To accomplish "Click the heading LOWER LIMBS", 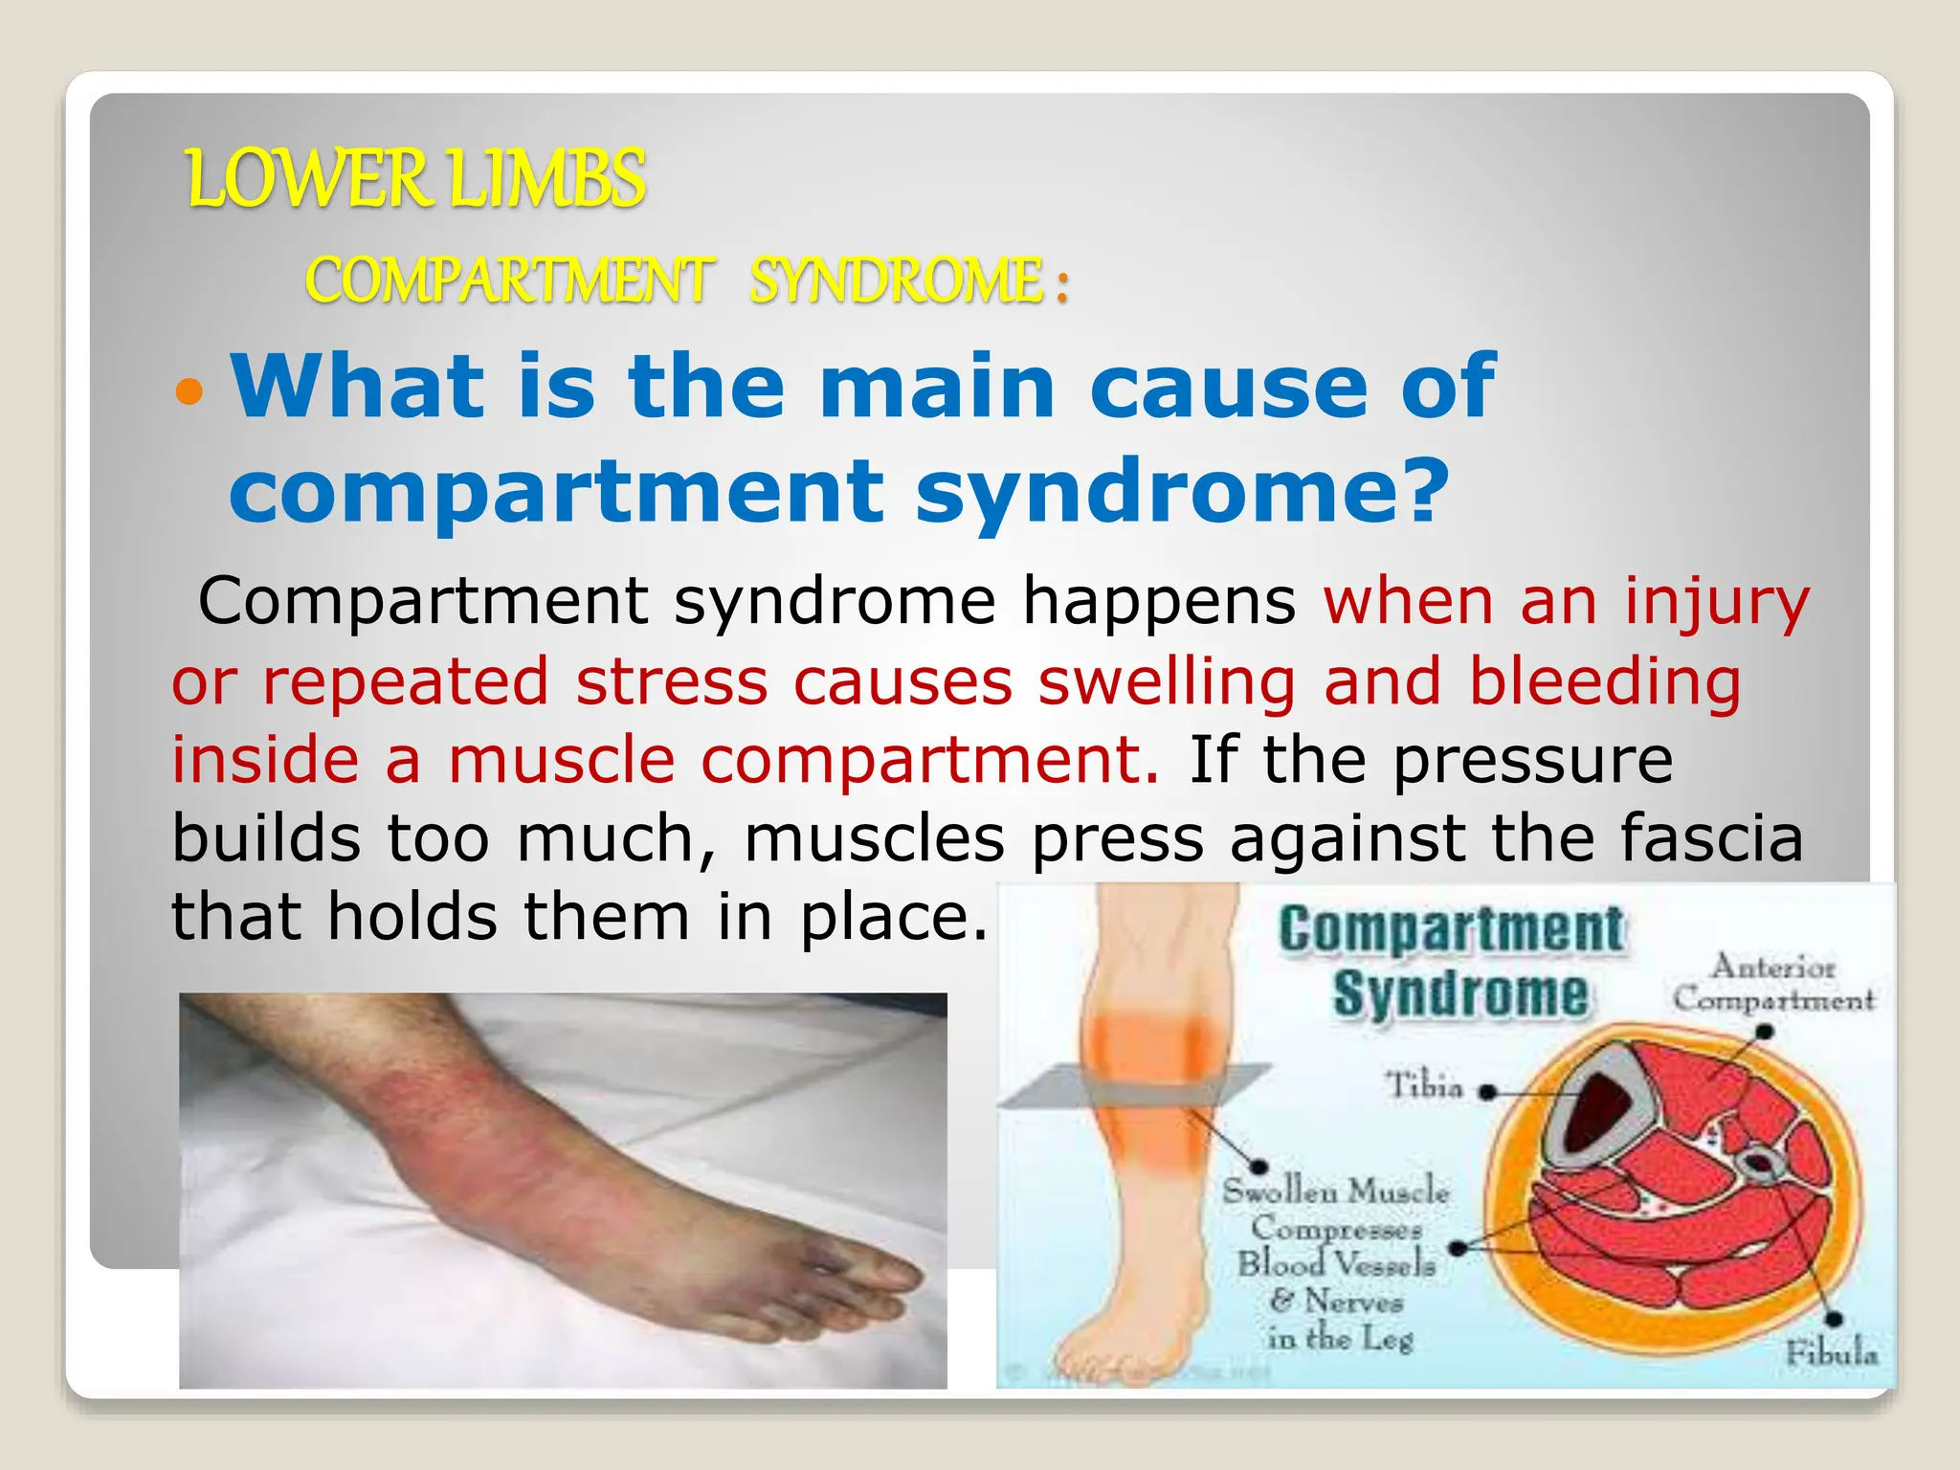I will [416, 179].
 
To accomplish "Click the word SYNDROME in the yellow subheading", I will [896, 281].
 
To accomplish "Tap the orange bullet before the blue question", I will [190, 391].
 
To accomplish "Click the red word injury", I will [1717, 603].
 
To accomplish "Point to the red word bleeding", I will [1604, 682].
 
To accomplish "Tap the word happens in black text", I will [1158, 603].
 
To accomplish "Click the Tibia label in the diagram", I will [1425, 1086].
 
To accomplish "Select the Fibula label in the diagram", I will [1830, 1352].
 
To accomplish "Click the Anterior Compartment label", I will [1772, 983].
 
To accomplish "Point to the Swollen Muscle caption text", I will [1336, 1192].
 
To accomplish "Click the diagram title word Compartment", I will [1451, 930].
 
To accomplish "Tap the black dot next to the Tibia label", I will [1486, 1091].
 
